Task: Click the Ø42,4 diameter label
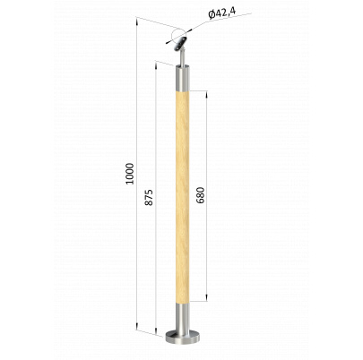[222, 13]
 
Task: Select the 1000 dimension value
[130, 174]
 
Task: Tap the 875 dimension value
[149, 197]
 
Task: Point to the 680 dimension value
[201, 195]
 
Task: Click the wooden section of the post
[183, 198]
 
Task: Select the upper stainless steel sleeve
[183, 79]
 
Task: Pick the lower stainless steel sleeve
[183, 317]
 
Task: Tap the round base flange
[183, 337]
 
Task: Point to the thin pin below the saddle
[182, 58]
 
